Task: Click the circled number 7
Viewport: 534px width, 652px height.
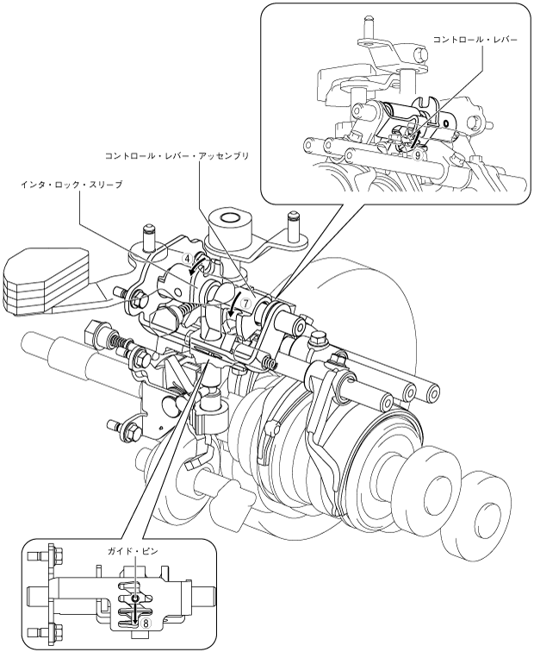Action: [x=245, y=304]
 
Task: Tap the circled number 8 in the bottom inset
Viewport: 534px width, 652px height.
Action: [x=146, y=620]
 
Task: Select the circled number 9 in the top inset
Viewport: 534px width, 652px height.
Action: [x=417, y=156]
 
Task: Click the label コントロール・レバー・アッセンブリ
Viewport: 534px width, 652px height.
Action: [x=177, y=156]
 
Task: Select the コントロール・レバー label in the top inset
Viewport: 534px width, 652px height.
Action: [x=474, y=40]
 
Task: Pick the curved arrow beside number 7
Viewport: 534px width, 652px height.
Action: [x=233, y=306]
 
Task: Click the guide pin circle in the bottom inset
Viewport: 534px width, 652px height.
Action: [x=135, y=596]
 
